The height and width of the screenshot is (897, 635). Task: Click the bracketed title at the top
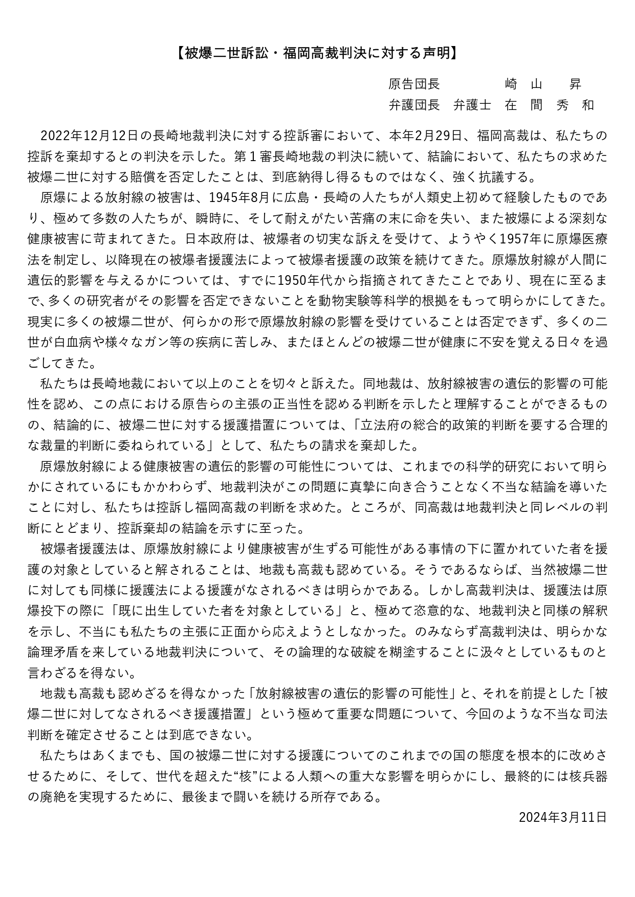coord(317,53)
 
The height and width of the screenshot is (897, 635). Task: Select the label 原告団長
coord(414,84)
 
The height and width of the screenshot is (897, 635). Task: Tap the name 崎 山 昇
coord(543,84)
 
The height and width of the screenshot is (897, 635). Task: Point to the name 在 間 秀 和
coord(549,105)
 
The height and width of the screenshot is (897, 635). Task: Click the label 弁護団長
coord(414,105)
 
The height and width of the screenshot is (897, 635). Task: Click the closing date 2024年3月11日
coord(562,817)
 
